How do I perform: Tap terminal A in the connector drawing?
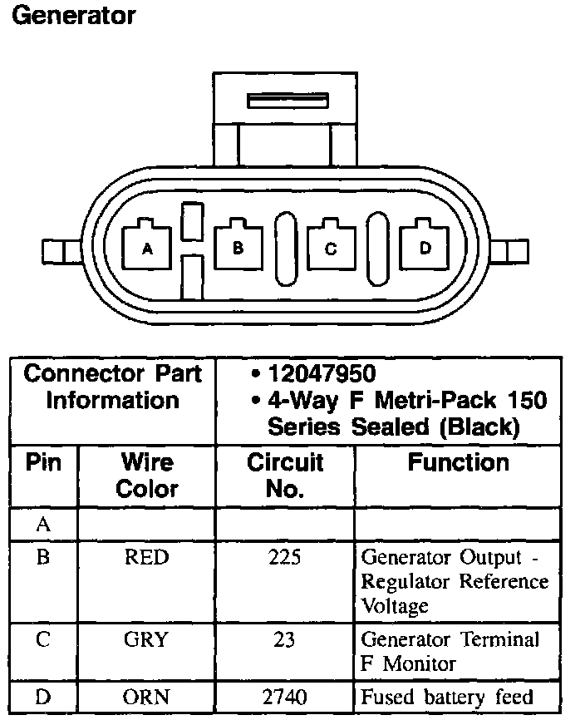pyautogui.click(x=147, y=246)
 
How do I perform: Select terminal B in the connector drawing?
pyautogui.click(x=238, y=246)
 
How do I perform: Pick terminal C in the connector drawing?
pyautogui.click(x=331, y=246)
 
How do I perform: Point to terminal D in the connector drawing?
pyautogui.click(x=425, y=246)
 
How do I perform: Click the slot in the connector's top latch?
pyautogui.click(x=288, y=101)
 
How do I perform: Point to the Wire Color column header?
pyautogui.click(x=147, y=475)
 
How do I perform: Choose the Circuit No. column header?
pyautogui.click(x=285, y=475)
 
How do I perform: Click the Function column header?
pyautogui.click(x=458, y=462)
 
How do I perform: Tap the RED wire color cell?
pyautogui.click(x=146, y=557)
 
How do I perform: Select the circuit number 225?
pyautogui.click(x=285, y=557)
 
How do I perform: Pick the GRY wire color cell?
pyautogui.click(x=146, y=639)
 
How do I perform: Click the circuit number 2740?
pyautogui.click(x=285, y=698)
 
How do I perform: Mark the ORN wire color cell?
pyautogui.click(x=146, y=698)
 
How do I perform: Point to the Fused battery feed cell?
pyautogui.click(x=446, y=698)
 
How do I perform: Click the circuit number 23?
pyautogui.click(x=285, y=639)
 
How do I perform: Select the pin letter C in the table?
pyautogui.click(x=43, y=639)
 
